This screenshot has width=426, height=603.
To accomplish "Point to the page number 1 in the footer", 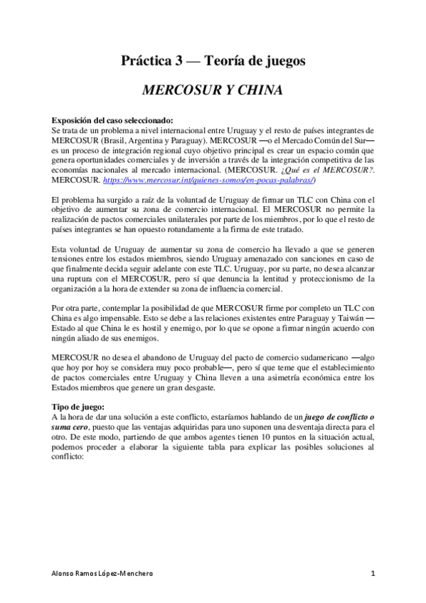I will pos(373,573).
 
